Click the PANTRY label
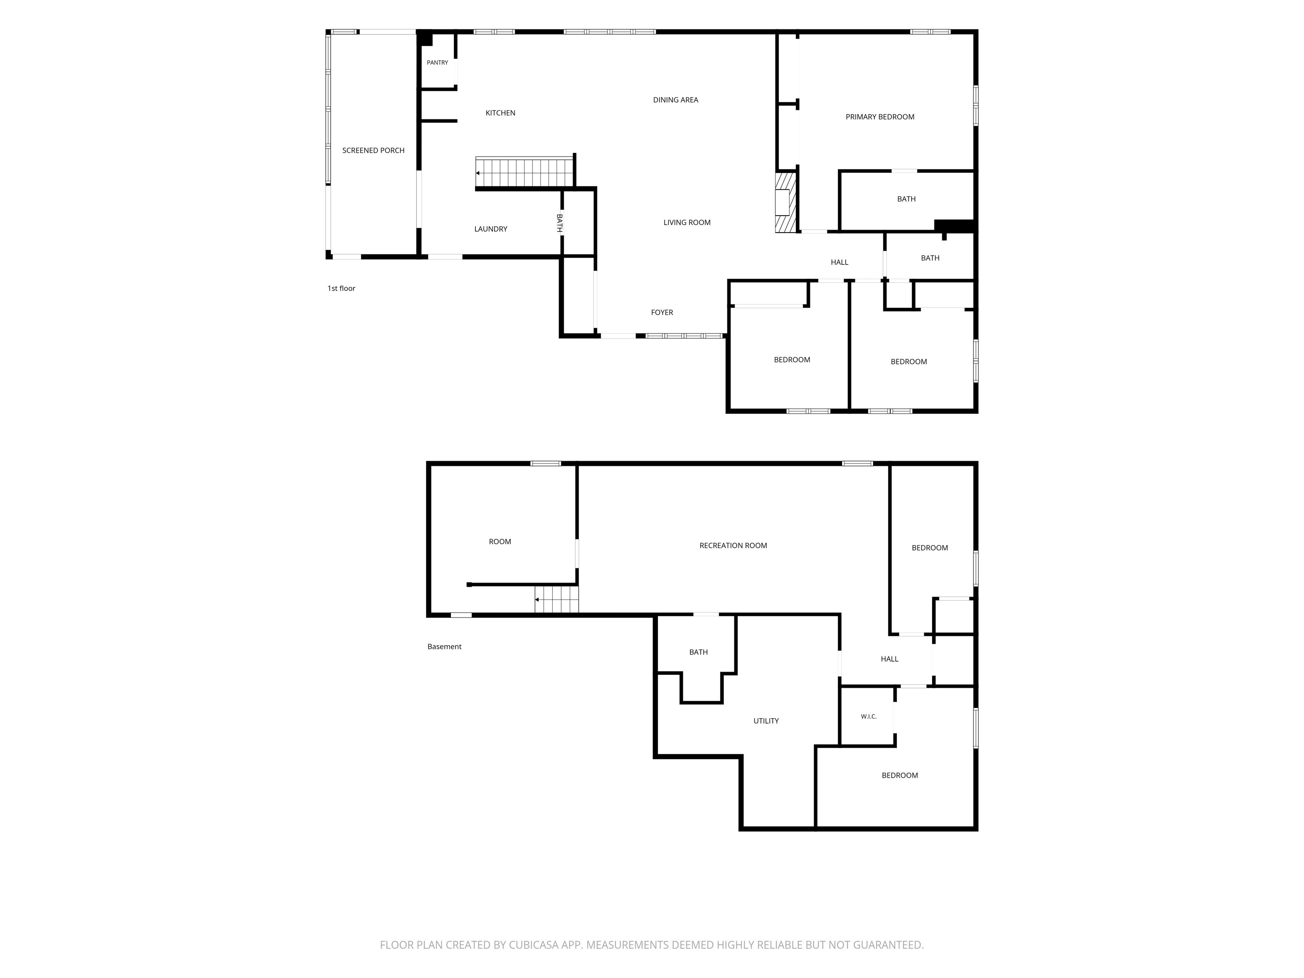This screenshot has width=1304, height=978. pyautogui.click(x=437, y=62)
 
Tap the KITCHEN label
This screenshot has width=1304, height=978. pyautogui.click(x=500, y=112)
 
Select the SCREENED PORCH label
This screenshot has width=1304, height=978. pyautogui.click(x=373, y=150)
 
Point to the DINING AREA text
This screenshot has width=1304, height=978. pyautogui.click(x=676, y=100)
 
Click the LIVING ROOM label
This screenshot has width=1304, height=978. pyautogui.click(x=687, y=222)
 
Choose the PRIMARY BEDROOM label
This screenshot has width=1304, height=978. pyautogui.click(x=880, y=117)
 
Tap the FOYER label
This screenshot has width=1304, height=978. pyautogui.click(x=662, y=312)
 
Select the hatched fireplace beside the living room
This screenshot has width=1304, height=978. pyautogui.click(x=786, y=202)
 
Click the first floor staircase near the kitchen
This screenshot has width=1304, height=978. pyautogui.click(x=525, y=173)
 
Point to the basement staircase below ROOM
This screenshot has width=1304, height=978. pyautogui.click(x=556, y=599)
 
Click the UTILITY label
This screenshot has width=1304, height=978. pyautogui.click(x=766, y=720)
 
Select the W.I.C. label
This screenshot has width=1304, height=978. pyautogui.click(x=868, y=716)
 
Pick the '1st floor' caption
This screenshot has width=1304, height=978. pyautogui.click(x=341, y=288)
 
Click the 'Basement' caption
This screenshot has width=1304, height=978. pyautogui.click(x=444, y=647)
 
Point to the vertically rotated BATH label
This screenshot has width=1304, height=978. pyautogui.click(x=559, y=223)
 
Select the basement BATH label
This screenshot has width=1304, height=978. pyautogui.click(x=699, y=652)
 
